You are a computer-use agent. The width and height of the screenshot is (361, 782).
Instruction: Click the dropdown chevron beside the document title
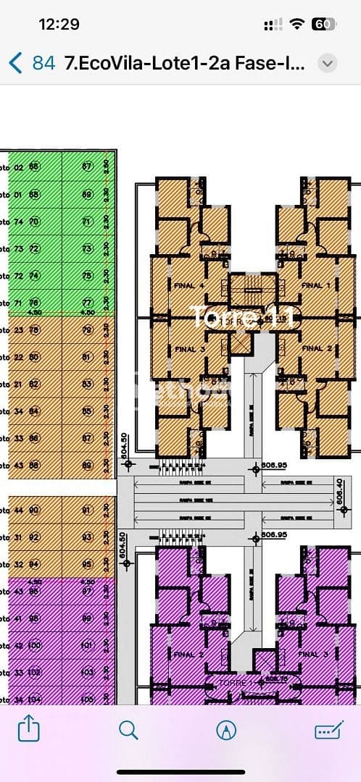tap(328, 63)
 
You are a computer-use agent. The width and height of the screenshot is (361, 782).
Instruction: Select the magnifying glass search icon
tap(128, 729)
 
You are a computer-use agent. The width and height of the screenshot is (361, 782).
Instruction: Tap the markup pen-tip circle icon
tap(226, 729)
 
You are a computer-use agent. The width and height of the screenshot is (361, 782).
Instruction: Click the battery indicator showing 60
tap(323, 24)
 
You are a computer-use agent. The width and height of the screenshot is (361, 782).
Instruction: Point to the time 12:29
tap(59, 24)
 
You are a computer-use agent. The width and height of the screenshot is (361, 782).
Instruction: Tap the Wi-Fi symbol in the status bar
tap(296, 24)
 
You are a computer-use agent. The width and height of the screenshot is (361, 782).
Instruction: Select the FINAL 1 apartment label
tap(312, 285)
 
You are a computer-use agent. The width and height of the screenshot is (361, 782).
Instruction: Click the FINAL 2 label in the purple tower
tap(184, 655)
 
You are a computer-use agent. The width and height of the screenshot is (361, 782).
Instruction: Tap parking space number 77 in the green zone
tap(87, 303)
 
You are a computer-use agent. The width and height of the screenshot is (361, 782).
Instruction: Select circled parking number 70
tap(33, 221)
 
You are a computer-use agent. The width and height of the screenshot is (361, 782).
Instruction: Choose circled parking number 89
tap(87, 466)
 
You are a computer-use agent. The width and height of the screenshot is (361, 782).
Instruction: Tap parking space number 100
tap(34, 644)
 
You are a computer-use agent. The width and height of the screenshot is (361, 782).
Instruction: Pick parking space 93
tap(87, 537)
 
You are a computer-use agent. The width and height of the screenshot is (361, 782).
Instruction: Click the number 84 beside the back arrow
tap(43, 63)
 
